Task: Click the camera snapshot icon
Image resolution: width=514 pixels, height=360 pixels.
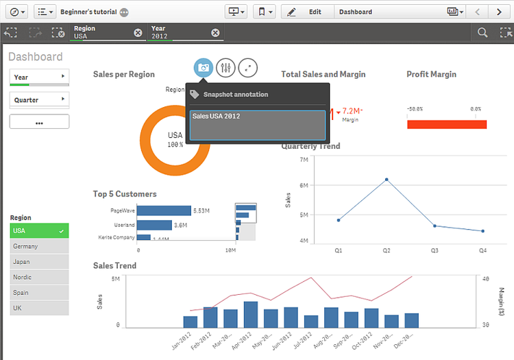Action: (x=203, y=67)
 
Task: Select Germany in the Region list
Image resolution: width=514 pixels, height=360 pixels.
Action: (x=39, y=246)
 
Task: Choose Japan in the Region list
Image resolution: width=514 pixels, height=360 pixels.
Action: (x=39, y=262)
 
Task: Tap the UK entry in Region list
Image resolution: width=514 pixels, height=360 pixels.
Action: (x=39, y=308)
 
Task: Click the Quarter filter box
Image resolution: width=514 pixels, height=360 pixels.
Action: (x=39, y=100)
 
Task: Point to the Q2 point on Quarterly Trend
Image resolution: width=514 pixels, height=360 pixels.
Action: (x=387, y=180)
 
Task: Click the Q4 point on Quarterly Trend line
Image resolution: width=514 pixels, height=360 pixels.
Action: (x=482, y=231)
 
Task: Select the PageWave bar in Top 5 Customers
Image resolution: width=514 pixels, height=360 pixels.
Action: (x=164, y=211)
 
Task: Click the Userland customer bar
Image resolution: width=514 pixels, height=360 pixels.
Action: (x=154, y=225)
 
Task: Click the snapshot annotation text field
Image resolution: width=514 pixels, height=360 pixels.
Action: (x=257, y=124)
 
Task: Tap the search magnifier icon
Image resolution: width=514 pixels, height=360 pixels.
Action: (x=482, y=32)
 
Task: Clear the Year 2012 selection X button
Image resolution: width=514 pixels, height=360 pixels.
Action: (x=215, y=33)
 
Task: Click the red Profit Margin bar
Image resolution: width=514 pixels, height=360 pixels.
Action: (x=446, y=124)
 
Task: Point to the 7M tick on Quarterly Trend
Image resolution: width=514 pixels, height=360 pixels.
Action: (x=303, y=159)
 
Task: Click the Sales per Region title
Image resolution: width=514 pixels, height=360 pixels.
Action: (x=124, y=74)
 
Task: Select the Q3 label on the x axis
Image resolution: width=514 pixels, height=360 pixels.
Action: (x=435, y=250)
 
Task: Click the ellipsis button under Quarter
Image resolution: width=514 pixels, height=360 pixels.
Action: (x=39, y=122)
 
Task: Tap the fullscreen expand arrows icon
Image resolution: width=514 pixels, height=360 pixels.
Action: (x=248, y=67)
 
